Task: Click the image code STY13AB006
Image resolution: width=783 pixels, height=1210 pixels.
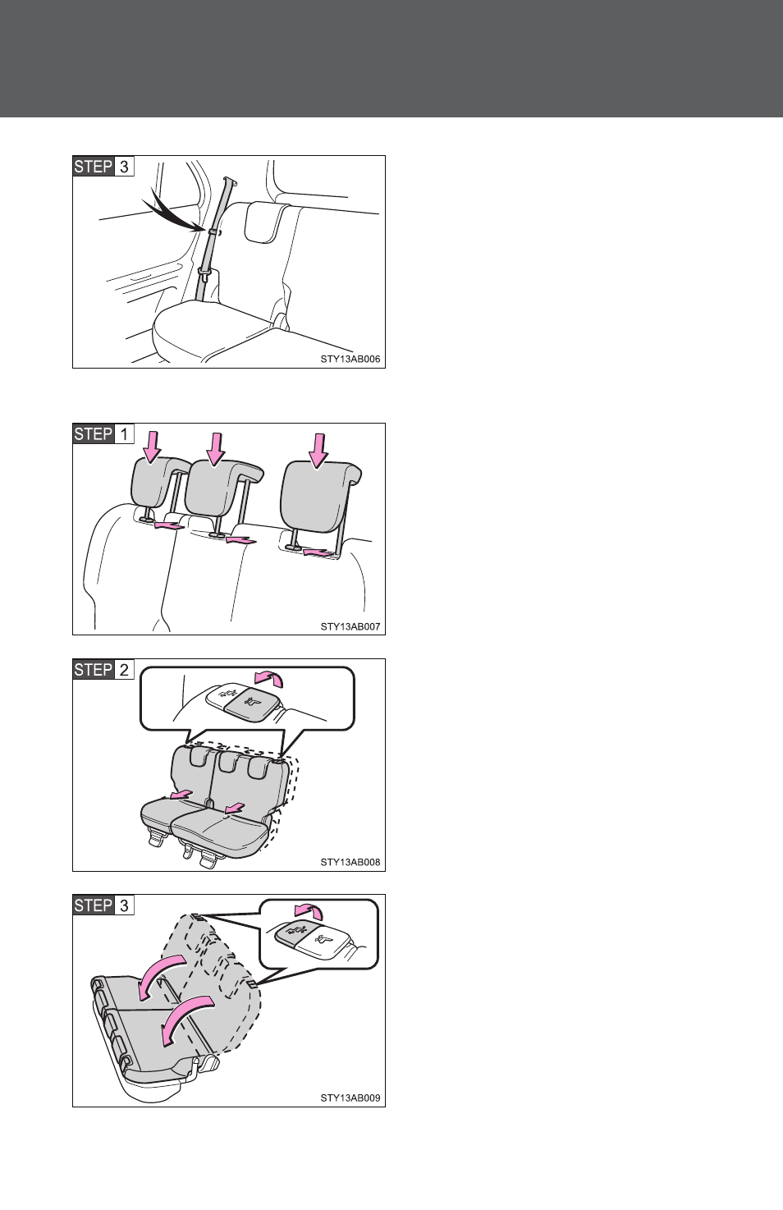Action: coord(350,359)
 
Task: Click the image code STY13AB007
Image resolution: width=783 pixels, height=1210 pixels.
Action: coord(350,626)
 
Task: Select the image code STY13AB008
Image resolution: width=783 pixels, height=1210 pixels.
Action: coord(350,862)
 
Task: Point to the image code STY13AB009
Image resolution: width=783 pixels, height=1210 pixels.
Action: coord(350,1098)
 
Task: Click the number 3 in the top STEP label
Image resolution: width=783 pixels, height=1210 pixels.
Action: coord(124,167)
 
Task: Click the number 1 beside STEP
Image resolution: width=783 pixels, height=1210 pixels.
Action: coord(124,433)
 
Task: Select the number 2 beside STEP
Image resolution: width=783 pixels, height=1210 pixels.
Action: coord(124,670)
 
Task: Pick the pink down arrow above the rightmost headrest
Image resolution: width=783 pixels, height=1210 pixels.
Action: coord(319,449)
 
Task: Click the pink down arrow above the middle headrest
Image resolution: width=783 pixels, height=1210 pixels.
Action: coord(216,448)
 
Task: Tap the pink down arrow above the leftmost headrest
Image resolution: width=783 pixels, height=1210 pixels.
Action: coord(152,447)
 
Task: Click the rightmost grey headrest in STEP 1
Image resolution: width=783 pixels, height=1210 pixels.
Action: coord(319,497)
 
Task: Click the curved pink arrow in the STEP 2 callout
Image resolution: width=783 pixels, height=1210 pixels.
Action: coord(269,678)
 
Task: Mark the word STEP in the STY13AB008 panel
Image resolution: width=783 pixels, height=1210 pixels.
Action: coord(94,670)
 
